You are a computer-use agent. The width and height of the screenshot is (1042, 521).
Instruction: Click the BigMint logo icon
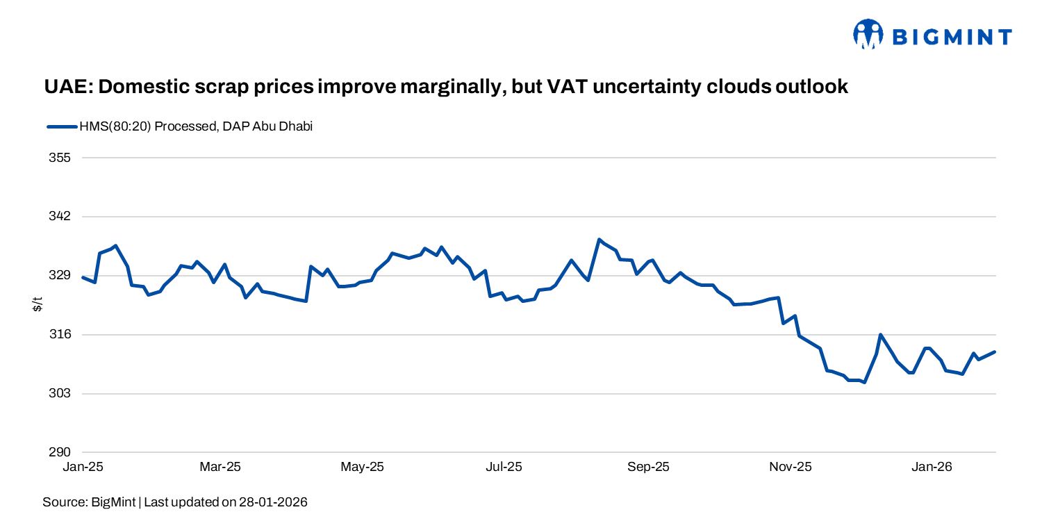(868, 35)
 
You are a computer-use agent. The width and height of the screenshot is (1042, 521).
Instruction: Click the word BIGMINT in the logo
(952, 37)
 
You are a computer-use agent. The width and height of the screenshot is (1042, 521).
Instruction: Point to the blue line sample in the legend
(62, 126)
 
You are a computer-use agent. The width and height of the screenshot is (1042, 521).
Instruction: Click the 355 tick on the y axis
(61, 158)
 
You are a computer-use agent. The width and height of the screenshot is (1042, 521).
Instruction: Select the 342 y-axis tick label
(61, 217)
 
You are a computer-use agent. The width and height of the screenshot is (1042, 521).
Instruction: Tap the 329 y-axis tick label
(61, 276)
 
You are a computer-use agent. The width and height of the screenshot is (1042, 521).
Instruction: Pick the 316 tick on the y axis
(61, 335)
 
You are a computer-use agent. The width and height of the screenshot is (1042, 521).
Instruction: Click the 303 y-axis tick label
(61, 394)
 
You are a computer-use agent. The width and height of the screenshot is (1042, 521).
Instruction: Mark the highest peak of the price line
(599, 240)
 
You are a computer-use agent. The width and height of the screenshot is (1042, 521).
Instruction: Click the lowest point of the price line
(864, 382)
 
